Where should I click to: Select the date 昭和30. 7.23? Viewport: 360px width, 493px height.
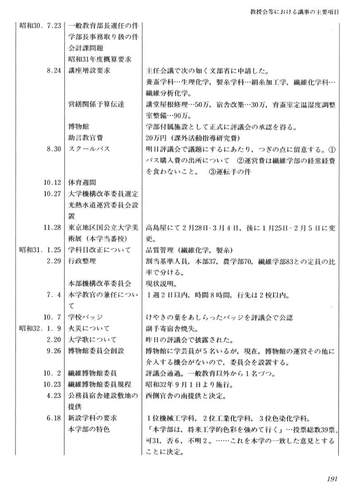pos(40,26)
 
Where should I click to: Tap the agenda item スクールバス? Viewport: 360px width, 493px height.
pos(89,150)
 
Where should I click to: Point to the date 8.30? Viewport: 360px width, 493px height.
pos(53,150)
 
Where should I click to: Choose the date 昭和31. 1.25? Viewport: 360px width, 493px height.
pos(40,250)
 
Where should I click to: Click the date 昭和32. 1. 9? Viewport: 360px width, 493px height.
pos(40,328)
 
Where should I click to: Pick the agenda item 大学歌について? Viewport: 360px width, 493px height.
pos(92,339)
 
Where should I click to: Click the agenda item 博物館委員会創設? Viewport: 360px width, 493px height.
pos(96,350)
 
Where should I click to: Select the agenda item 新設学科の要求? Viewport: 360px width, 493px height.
pos(92,417)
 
